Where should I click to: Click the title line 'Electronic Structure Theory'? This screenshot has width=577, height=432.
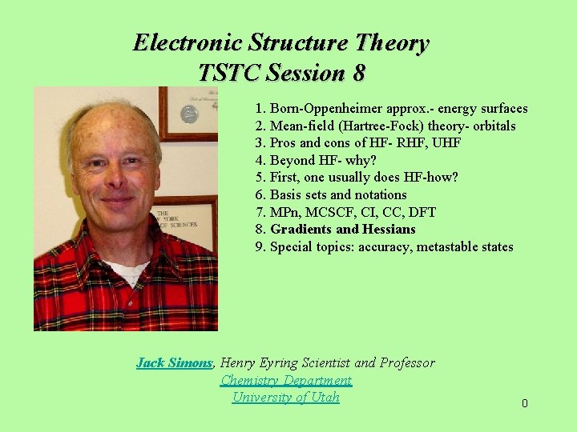click(x=280, y=42)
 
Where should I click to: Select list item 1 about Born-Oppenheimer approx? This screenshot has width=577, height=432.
click(x=391, y=108)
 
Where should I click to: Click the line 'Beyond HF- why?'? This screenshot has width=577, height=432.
click(x=315, y=160)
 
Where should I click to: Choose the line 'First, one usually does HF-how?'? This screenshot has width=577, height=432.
click(x=357, y=178)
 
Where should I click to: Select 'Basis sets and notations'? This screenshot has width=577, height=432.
click(x=330, y=194)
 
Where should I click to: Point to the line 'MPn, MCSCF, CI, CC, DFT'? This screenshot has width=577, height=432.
click(x=345, y=212)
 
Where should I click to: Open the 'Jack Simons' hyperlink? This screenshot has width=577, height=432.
click(x=174, y=363)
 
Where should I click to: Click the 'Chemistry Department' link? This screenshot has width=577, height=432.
click(x=286, y=381)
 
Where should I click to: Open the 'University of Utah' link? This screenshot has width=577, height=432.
click(x=286, y=398)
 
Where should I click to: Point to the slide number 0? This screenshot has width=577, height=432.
click(x=525, y=404)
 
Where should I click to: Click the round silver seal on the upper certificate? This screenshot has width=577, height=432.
click(x=189, y=114)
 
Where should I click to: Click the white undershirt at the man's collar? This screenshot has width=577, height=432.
click(x=128, y=272)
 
